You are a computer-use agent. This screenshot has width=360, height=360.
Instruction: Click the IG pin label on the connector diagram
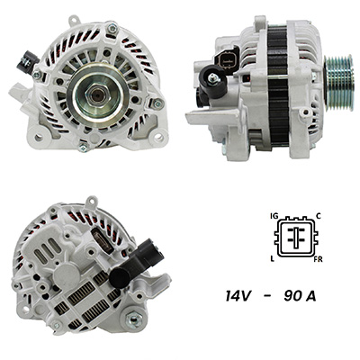click(274, 216)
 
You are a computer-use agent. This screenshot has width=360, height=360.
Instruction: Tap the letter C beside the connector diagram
click(319, 215)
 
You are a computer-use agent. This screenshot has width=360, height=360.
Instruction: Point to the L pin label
click(273, 259)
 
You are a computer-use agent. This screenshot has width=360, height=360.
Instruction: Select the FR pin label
click(318, 259)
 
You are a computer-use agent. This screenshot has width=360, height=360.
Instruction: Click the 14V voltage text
click(238, 296)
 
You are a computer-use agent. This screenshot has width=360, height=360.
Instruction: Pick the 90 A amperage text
click(300, 296)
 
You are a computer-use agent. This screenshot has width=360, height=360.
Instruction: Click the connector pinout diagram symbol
click(296, 237)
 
